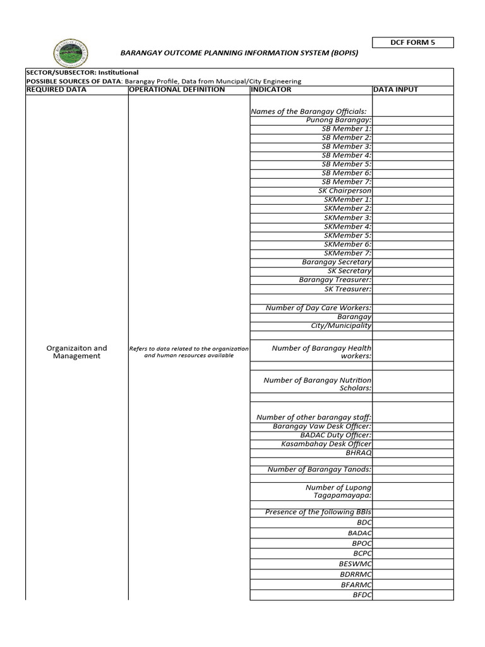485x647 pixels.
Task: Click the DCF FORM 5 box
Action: pyautogui.click(x=412, y=43)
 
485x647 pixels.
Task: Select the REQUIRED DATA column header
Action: pyautogui.click(x=56, y=90)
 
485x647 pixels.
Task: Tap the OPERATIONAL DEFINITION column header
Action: pyautogui.click(x=177, y=90)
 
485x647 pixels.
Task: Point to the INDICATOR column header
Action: pyautogui.click(x=271, y=90)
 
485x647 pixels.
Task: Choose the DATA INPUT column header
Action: pyautogui.click(x=396, y=90)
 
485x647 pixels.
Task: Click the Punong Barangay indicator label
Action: pyautogui.click(x=338, y=120)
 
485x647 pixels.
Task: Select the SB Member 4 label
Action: pyautogui.click(x=346, y=155)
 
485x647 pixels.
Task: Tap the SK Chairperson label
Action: pyautogui.click(x=345, y=191)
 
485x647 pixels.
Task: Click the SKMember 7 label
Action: pyautogui.click(x=347, y=253)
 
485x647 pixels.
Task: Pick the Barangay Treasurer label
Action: pyautogui.click(x=335, y=280)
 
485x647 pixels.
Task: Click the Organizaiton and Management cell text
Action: pyautogui.click(x=76, y=352)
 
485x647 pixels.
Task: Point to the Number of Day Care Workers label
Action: pyautogui.click(x=318, y=308)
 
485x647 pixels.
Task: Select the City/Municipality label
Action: pyautogui.click(x=340, y=326)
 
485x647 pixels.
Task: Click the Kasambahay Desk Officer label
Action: pyautogui.click(x=326, y=444)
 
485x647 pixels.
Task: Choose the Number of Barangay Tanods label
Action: pyautogui.click(x=320, y=469)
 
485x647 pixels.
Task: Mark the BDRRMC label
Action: pyautogui.click(x=356, y=574)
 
